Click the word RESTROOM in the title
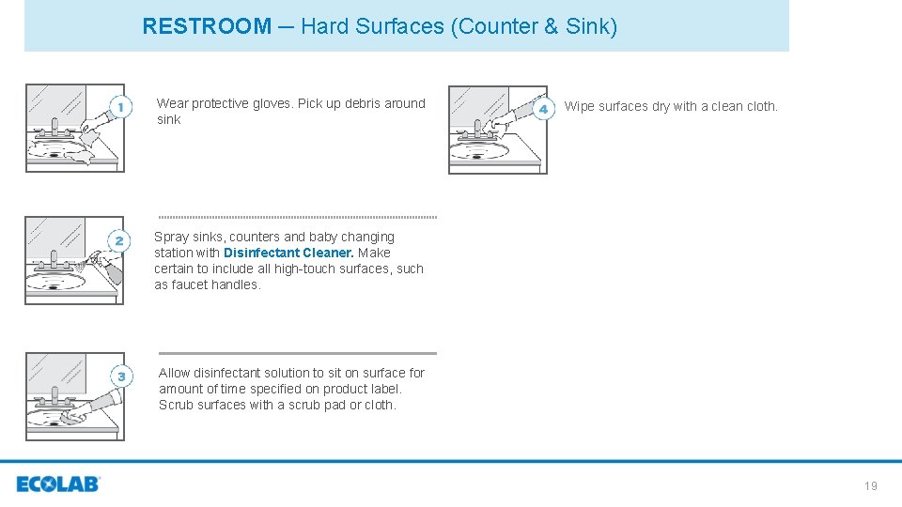click(x=207, y=26)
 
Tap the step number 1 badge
click(x=120, y=109)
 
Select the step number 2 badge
click(x=118, y=241)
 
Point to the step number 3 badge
click(x=120, y=376)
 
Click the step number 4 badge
click(x=542, y=109)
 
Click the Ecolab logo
click(x=58, y=484)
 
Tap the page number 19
click(x=870, y=485)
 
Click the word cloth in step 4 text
click(x=759, y=106)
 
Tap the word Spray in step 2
click(x=172, y=237)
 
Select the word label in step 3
click(x=383, y=389)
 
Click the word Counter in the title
click(x=494, y=26)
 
